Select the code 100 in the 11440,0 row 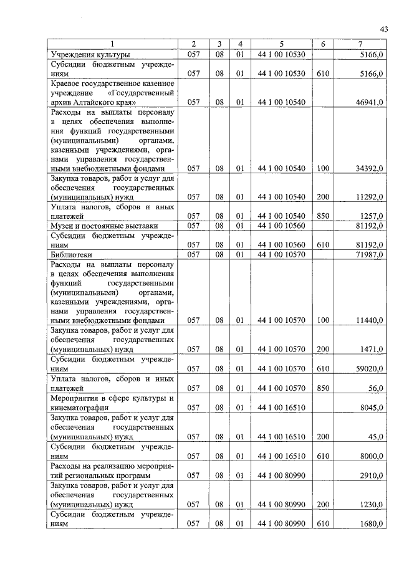coord(323,320)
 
